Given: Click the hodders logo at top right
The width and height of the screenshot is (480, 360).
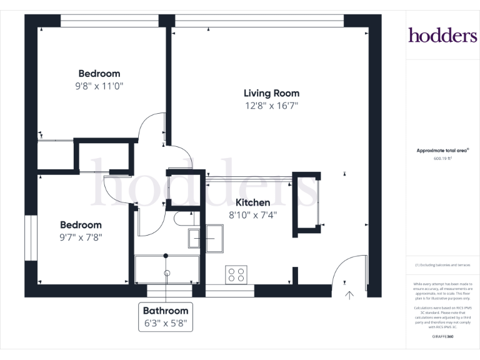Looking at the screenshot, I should pos(442,35).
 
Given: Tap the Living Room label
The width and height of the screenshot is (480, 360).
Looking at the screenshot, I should pos(271,93).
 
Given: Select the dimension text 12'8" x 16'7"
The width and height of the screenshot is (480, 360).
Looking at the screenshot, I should pos(271,106).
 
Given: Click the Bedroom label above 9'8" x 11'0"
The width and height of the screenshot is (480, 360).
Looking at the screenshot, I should pos(99,74).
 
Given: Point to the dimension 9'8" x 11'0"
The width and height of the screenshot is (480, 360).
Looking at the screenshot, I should pos(99,86).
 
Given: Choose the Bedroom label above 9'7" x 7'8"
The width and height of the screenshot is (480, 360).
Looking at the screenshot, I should pos(81,225).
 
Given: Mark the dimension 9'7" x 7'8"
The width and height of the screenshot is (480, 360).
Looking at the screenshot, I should pos(81,237).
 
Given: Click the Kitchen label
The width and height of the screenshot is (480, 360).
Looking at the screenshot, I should pos(252,202).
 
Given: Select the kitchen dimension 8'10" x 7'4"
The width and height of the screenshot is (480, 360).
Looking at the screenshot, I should pos(252,215).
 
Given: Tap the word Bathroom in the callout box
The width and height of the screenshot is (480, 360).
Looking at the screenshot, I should pos(166,311).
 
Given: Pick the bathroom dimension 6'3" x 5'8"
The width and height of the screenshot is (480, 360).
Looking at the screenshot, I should pos(166,324).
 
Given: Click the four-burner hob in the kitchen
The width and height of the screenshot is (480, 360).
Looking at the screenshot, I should pos(236,274).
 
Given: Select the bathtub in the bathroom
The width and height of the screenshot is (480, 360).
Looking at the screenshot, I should pos(167,269).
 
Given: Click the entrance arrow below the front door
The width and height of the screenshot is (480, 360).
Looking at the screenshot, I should pos(349,294).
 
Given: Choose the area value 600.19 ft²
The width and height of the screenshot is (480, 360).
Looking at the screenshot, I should pos(442,159).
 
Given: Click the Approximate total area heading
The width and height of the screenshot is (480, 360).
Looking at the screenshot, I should pos(442,151).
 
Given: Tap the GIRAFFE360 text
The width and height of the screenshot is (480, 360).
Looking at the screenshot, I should pos(442,337).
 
